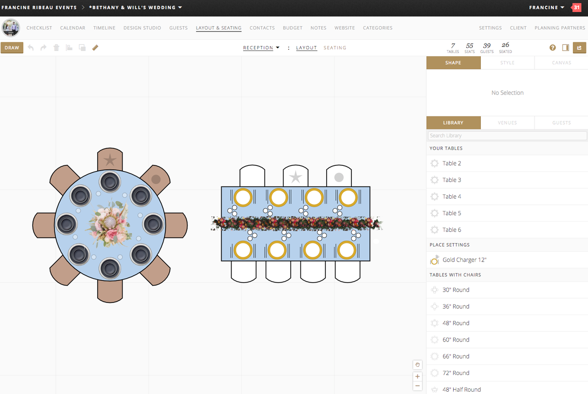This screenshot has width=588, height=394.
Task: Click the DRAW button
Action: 12,48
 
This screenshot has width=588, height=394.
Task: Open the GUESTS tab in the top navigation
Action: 178,28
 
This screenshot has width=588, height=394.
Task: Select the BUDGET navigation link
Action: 292,28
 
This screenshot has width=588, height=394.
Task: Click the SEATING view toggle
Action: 335,48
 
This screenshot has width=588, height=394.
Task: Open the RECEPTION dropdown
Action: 261,48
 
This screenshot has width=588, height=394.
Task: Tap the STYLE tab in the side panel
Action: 507,63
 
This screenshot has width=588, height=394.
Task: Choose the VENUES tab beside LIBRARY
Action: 507,123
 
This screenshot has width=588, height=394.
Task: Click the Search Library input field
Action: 507,136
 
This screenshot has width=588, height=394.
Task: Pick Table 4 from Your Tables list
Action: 452,196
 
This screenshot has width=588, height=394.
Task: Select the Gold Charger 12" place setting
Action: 464,260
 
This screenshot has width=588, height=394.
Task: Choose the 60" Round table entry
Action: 456,340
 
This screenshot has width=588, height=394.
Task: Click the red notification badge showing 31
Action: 576,7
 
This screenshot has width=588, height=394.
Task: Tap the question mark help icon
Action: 553,48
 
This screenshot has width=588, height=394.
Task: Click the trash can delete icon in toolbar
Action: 56,48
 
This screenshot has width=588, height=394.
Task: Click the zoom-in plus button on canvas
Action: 417,376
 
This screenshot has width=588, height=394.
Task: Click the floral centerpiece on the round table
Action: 110,224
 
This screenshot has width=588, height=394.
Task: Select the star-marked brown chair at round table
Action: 110,159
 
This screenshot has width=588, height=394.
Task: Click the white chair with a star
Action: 296,175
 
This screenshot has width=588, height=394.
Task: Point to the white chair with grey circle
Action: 339,175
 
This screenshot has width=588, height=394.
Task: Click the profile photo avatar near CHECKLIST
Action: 10,28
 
